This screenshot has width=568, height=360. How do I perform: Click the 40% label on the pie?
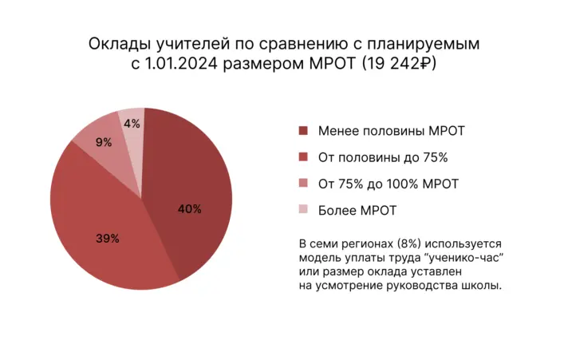189,209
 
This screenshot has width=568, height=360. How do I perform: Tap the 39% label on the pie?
107,238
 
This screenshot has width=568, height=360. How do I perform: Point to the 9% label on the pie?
103,143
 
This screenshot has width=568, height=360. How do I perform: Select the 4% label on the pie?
132,123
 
